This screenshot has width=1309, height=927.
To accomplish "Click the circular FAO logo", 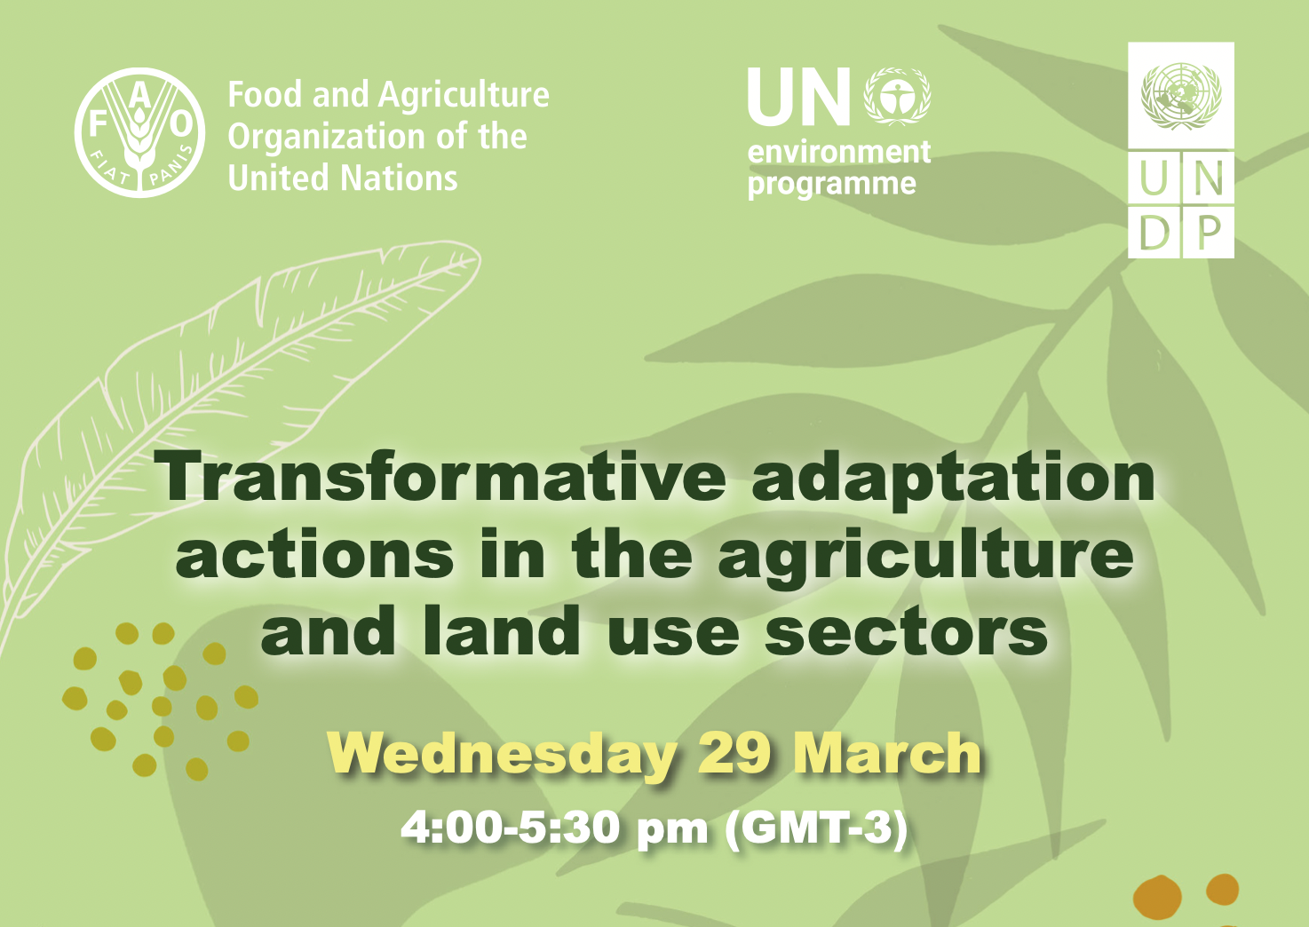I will click(x=139, y=132).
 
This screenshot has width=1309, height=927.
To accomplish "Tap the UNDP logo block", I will click(x=1180, y=150).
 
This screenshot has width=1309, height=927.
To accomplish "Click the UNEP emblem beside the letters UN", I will click(x=898, y=96).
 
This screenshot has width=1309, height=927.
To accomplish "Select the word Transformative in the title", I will click(x=441, y=477).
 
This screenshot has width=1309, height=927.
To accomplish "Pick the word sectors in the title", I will click(x=906, y=632).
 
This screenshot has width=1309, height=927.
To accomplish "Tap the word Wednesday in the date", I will click(x=502, y=754).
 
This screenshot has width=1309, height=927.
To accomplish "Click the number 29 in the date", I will click(x=734, y=754).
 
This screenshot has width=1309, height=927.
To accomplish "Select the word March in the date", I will click(x=887, y=754).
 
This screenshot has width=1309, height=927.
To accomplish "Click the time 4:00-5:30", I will click(x=511, y=828).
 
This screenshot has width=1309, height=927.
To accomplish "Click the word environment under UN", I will click(x=839, y=152).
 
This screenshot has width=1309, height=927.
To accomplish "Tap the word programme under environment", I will click(x=832, y=185).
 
